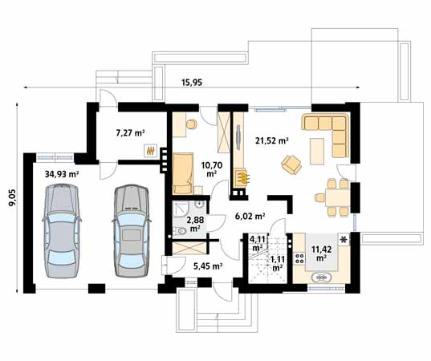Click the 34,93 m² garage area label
pos(62,174)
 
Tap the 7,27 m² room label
pos(130,133)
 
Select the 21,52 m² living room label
pos(272,141)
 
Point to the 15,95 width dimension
pos(192,82)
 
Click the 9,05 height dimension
pos(13,197)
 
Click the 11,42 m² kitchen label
pos(321,254)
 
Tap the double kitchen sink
pos(322,278)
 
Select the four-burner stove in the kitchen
pos(299,258)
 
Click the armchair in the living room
pos(291,164)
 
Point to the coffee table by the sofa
pos(317,152)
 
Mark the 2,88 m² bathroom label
pos(195,224)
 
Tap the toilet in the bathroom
pos(180,231)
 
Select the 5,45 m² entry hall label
pos(208,266)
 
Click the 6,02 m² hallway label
pos(250,217)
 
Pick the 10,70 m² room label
pos(212,169)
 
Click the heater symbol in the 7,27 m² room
pos(150,151)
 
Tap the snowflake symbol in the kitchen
pos(344,240)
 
